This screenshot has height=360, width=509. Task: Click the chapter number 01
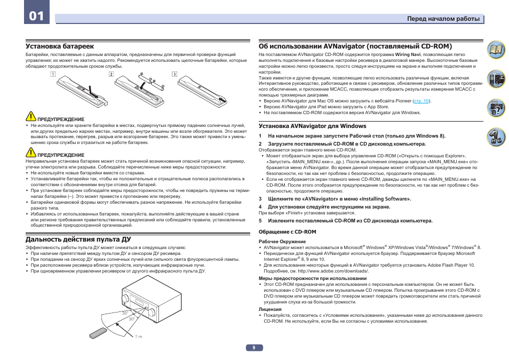pyautogui.click(x=36, y=15)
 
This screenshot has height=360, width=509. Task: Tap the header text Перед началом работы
pyautogui.click(x=443, y=19)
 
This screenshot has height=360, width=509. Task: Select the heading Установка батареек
pyautogui.click(x=60, y=46)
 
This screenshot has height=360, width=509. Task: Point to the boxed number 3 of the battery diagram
pyautogui.click(x=174, y=74)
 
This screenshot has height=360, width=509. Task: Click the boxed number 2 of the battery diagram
pyautogui.click(x=112, y=74)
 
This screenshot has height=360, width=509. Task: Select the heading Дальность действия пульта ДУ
pyautogui.click(x=78, y=239)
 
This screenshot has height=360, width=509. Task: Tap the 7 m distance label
pyautogui.click(x=139, y=337)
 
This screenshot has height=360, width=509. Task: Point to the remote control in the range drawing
pyautogui.click(x=99, y=332)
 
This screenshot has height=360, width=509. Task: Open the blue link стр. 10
pyautogui.click(x=421, y=100)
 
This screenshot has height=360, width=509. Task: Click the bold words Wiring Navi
pyautogui.click(x=408, y=55)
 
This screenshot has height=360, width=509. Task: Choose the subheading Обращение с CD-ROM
pyautogui.click(x=288, y=232)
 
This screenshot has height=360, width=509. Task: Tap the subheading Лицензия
pyautogui.click(x=270, y=309)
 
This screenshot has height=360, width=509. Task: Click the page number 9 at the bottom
pyautogui.click(x=254, y=348)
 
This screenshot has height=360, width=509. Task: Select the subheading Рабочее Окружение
pyautogui.click(x=282, y=242)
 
